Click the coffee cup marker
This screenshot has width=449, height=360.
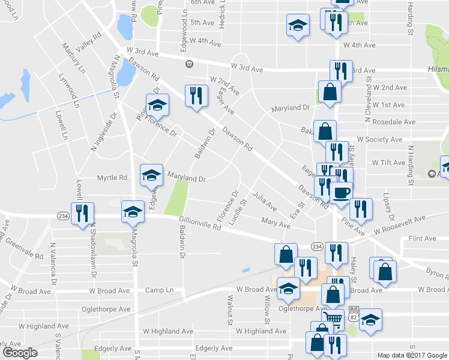(342, 193)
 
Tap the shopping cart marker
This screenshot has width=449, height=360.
(333, 318)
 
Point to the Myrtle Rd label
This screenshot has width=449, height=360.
(112, 178)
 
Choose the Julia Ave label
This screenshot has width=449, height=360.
(265, 201)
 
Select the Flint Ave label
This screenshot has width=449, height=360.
(422, 238)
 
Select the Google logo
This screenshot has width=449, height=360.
(20, 352)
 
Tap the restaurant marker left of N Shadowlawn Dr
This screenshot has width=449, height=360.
(81, 214)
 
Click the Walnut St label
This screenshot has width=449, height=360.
(230, 309)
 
